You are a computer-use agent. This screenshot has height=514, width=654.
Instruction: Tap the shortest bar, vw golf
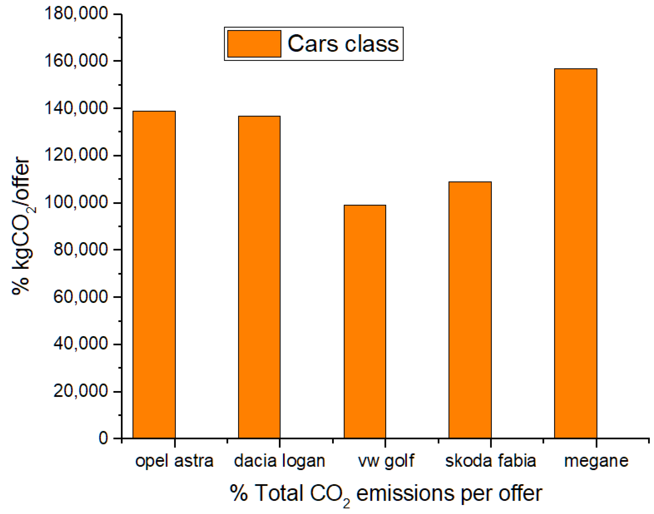365,322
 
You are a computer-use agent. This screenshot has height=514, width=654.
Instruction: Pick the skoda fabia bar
470,310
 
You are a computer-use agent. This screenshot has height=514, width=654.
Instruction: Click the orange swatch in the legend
254,44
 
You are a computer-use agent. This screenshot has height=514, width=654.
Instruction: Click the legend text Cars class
343,44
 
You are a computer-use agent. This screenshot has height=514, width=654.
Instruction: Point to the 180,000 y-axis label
76,14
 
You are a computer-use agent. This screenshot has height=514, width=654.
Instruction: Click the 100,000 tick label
76,202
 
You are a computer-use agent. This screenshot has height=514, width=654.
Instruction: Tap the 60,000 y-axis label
80,297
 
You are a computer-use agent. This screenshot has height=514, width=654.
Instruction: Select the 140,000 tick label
76,108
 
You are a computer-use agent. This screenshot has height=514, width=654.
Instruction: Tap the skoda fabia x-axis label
491,461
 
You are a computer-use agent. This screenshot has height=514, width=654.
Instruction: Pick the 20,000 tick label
80,391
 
